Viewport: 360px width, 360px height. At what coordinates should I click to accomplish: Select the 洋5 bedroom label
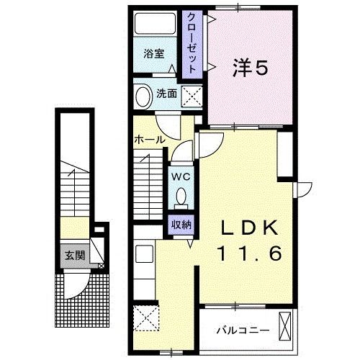pos(250,68)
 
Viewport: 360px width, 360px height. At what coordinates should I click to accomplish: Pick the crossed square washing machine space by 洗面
pos(191,96)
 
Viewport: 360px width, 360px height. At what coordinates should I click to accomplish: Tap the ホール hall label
pos(149,139)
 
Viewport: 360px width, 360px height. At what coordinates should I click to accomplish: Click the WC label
pos(180,174)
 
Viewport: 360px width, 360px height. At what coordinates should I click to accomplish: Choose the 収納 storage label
pos(180,223)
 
